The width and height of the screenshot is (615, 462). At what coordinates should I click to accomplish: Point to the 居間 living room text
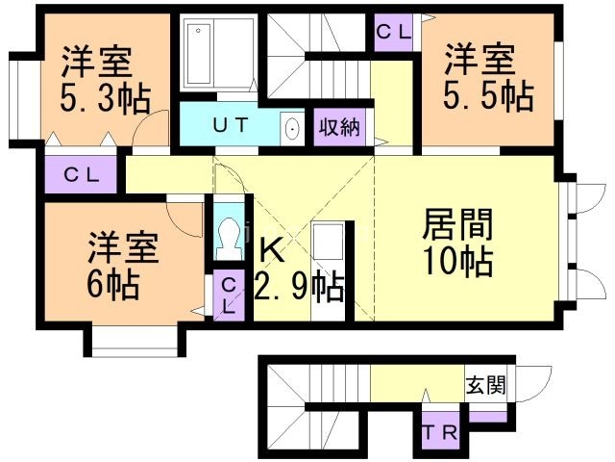coord(458,224)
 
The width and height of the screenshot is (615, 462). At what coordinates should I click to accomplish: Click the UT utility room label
coord(231,125)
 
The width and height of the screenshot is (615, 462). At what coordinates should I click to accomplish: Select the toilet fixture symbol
coord(228,234)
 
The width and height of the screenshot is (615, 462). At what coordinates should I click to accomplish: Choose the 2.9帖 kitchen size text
coord(300,287)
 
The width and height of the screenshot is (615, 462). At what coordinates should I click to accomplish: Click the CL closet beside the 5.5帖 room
coord(392,31)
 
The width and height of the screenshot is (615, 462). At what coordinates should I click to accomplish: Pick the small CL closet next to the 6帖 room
coord(229,294)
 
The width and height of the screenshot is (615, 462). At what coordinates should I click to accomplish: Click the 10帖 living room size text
coord(458,261)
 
